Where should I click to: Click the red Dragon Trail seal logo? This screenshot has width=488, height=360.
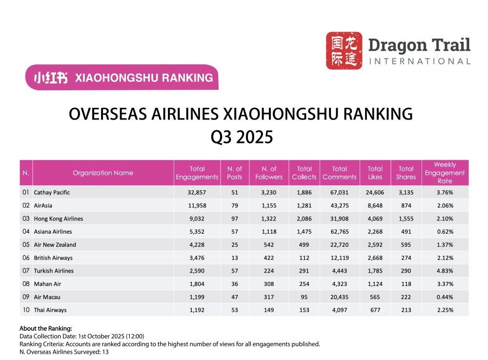[344, 50]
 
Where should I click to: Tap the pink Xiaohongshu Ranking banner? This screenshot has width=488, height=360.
[122, 78]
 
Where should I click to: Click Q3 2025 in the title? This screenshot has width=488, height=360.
[241, 137]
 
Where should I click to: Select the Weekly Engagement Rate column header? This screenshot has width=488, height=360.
[445, 173]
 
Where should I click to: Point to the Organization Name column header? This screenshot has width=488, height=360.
[103, 173]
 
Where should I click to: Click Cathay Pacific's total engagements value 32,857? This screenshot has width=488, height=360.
[197, 192]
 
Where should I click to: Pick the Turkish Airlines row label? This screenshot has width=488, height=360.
[54, 271]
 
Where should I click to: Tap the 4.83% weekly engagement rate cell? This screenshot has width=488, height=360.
[445, 271]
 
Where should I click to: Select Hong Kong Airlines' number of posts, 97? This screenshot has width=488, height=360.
[235, 219]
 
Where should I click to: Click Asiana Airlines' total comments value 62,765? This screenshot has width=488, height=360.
[340, 232]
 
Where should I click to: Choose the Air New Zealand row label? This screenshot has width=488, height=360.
[55, 245]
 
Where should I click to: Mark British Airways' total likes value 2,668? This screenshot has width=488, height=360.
[375, 258]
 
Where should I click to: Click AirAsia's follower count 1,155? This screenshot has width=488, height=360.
[269, 205]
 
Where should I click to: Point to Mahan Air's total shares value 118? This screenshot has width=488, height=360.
[406, 284]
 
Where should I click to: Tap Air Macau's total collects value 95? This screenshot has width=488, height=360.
[304, 297]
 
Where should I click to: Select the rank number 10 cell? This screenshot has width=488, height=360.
[26, 310]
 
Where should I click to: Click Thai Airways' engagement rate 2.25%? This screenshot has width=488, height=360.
[445, 310]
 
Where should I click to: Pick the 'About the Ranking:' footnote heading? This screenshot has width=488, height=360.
[46, 328]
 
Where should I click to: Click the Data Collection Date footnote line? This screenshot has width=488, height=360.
[82, 336]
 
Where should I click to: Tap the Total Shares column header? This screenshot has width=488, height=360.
[406, 173]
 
